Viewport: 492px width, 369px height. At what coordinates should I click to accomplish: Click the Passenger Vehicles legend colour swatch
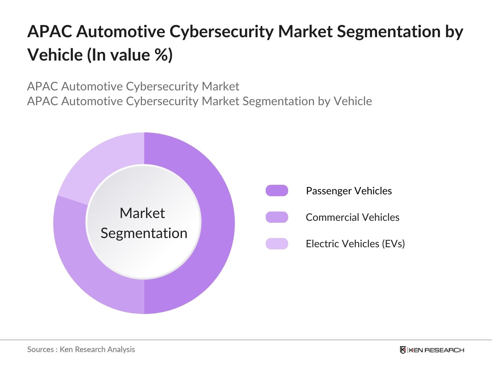[x=277, y=191]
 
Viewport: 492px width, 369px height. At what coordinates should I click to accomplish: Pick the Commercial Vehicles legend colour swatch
[x=277, y=217]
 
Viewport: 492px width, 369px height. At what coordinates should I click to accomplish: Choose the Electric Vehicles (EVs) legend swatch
[x=277, y=244]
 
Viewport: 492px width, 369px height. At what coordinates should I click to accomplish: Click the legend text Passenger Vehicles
[x=349, y=191]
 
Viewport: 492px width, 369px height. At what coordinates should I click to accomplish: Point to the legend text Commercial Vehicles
[x=352, y=217]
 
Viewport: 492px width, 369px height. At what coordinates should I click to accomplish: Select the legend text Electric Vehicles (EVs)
[x=355, y=244]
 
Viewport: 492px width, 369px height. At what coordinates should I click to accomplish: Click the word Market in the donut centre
[x=142, y=213]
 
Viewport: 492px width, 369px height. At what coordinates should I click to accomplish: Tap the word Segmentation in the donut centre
[x=144, y=233]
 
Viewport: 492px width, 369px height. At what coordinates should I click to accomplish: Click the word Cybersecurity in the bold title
[x=221, y=32]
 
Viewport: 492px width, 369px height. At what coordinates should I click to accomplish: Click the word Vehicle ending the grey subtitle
[x=353, y=101]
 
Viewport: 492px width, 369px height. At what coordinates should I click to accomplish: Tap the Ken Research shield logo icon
[x=403, y=350]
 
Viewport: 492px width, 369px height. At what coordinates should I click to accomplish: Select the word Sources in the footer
[x=41, y=349]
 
